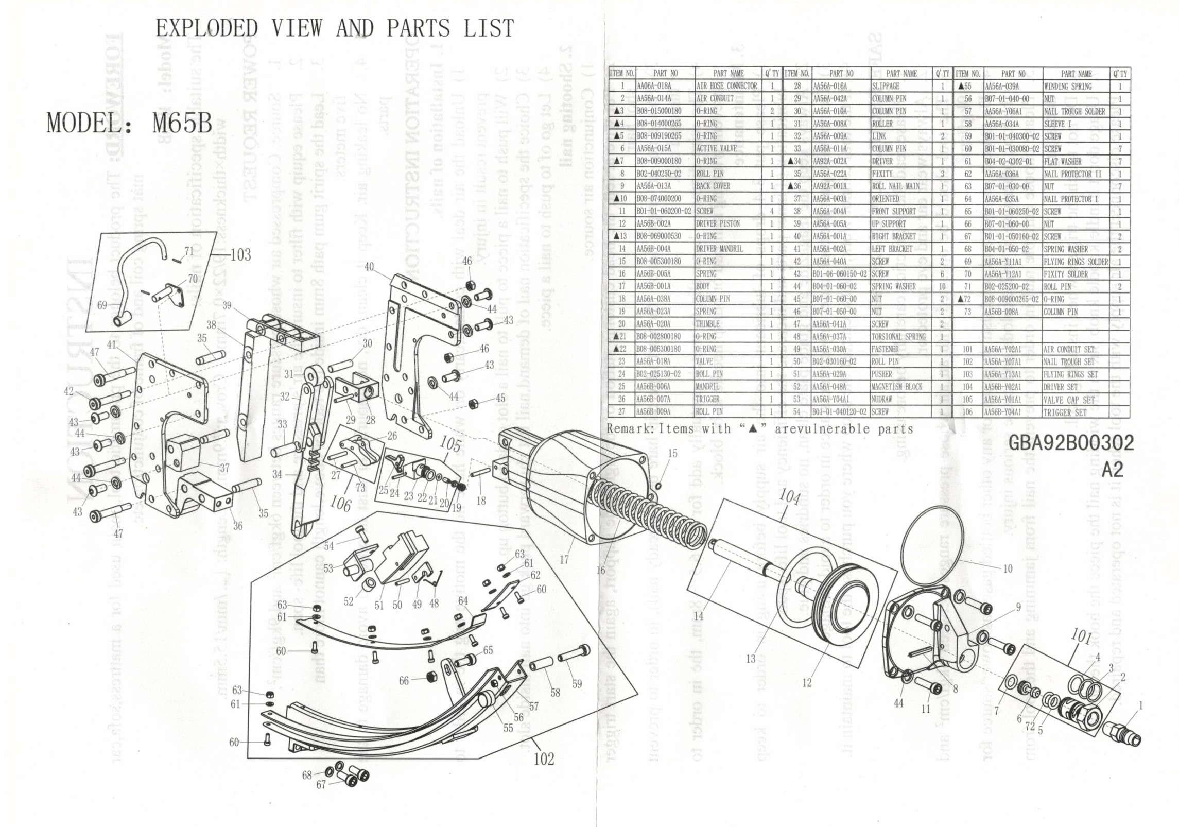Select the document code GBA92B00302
(x=1071, y=443)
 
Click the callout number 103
(x=240, y=254)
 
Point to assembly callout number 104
(x=789, y=497)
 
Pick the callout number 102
(x=543, y=759)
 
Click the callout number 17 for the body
(x=564, y=559)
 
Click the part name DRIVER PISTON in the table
(x=718, y=223)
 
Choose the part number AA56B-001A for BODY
(x=653, y=286)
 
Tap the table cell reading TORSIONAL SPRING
(x=898, y=337)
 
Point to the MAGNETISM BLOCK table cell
(x=896, y=387)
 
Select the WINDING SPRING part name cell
(x=1067, y=86)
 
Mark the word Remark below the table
(x=630, y=428)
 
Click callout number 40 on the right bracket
(x=369, y=267)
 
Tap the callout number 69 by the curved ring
(x=102, y=305)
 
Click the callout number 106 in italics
(x=340, y=503)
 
